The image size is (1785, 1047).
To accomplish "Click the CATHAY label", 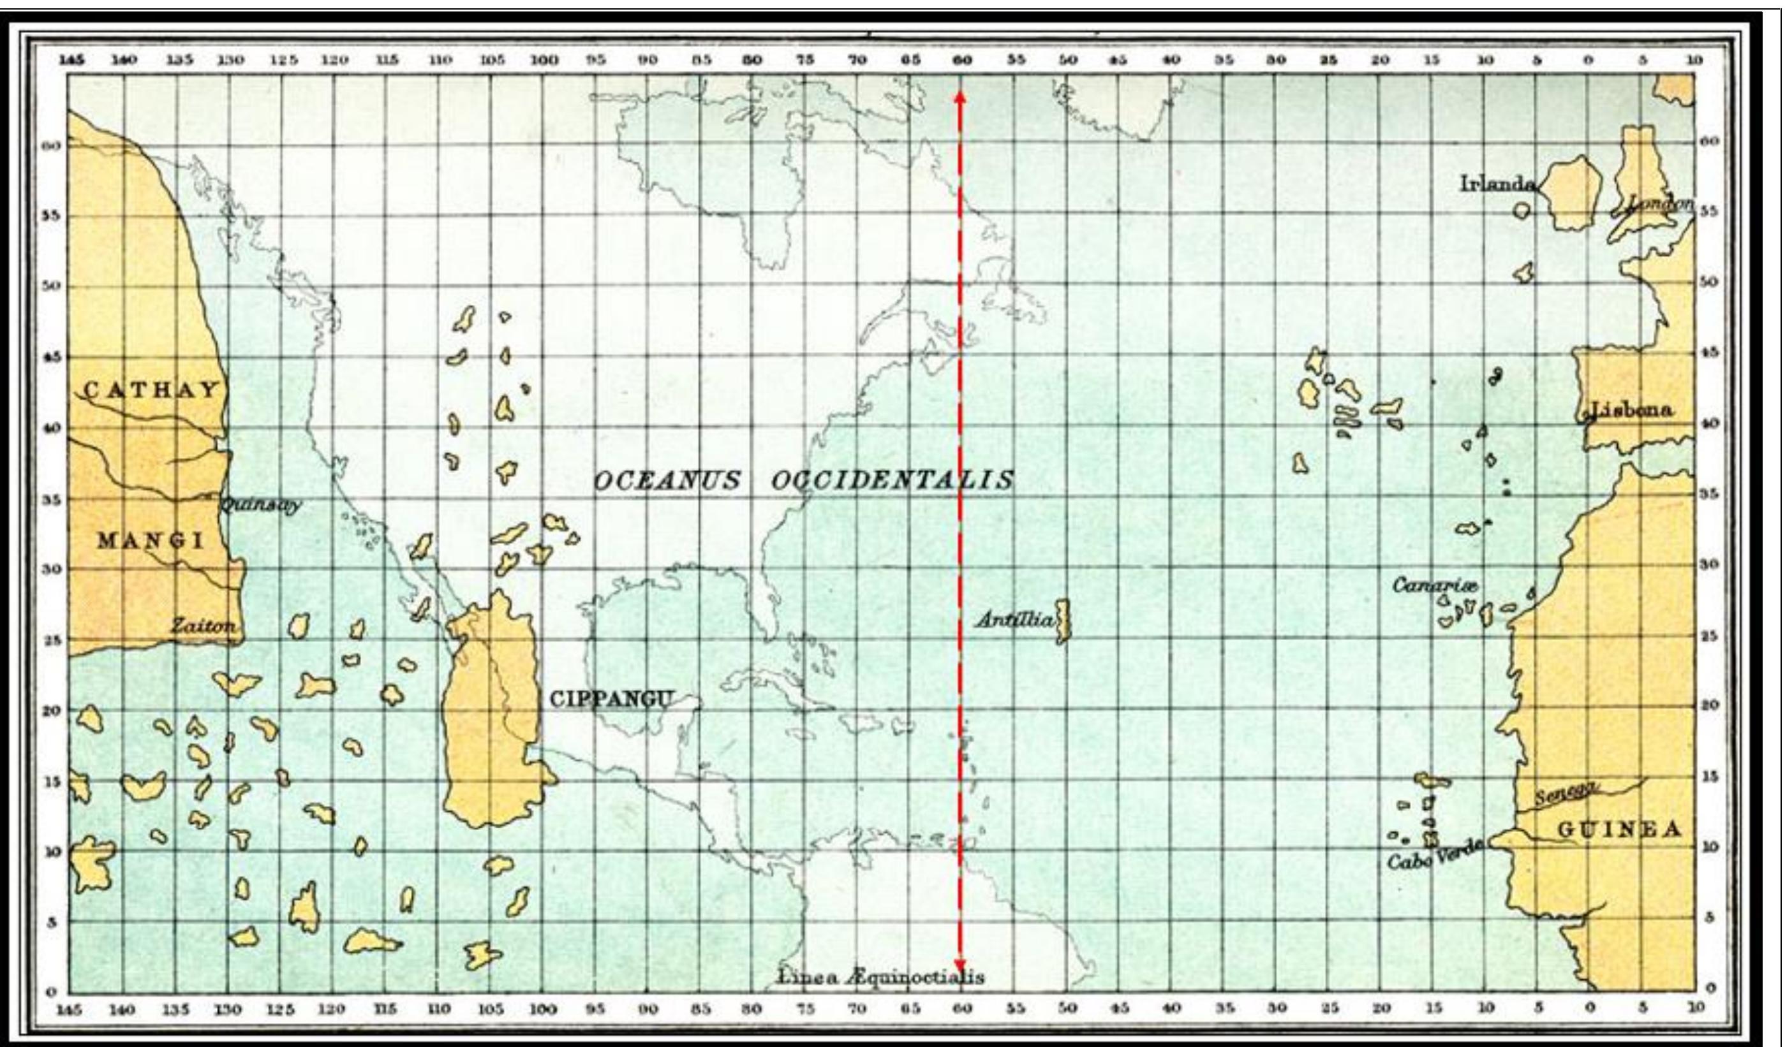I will (152, 390).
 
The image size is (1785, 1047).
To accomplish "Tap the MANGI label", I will (150, 541).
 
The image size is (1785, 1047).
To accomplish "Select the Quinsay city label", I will (260, 506).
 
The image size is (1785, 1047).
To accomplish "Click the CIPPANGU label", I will (610, 700).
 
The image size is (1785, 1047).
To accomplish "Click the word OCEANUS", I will (666, 481).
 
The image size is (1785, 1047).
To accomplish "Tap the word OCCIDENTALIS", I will (892, 481).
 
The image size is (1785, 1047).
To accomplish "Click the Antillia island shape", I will (1062, 622).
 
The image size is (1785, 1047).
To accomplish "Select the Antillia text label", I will (1015, 621).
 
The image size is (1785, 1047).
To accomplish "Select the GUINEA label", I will (1618, 830).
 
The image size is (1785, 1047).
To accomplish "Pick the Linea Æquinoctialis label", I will (881, 977).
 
